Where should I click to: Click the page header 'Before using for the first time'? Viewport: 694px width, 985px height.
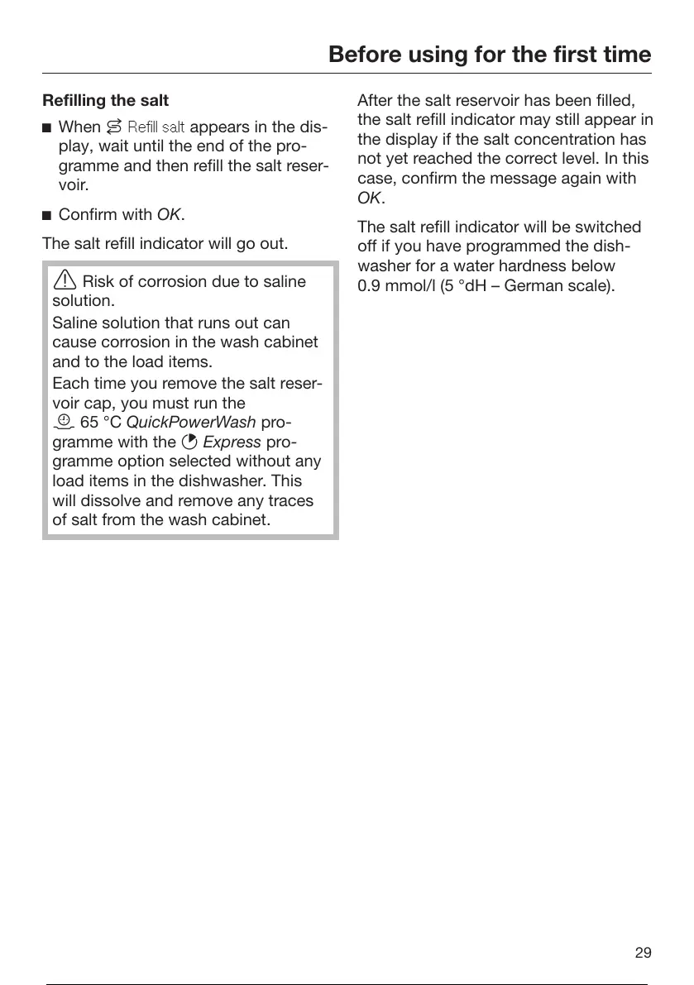[x=490, y=55]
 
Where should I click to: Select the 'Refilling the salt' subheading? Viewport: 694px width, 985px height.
[x=105, y=100]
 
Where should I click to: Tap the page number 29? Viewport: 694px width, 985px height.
[x=643, y=953]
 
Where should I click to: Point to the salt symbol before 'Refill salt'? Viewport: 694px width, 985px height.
[x=114, y=127]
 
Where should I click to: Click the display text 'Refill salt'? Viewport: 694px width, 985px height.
[x=156, y=127]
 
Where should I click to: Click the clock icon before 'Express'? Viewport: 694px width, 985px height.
[x=187, y=442]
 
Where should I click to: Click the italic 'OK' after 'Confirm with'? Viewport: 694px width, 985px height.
[x=169, y=215]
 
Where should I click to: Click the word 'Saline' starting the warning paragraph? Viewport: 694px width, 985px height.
[x=74, y=322]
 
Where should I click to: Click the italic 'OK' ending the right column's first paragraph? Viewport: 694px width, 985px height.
[x=369, y=198]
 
